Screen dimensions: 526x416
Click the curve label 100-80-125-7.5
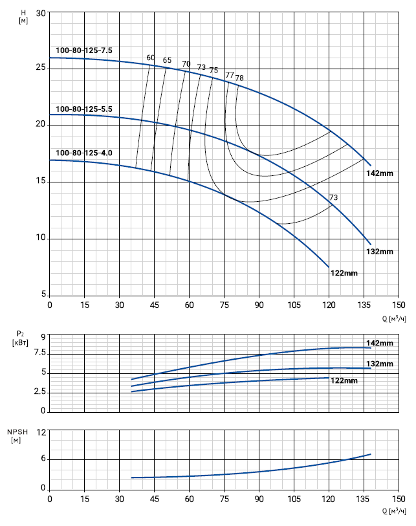84,50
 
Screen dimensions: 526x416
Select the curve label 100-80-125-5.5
84,109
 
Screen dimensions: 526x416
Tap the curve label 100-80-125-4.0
84,153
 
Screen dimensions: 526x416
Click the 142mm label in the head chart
379,173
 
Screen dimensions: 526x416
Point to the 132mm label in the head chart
380,251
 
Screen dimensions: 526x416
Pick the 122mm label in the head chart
344,273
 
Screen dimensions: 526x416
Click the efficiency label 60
151,58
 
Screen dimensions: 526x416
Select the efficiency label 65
168,61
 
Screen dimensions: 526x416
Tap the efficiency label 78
239,78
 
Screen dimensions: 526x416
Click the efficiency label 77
229,75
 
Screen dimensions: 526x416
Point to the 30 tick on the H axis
41,13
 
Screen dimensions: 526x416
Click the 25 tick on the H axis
41,68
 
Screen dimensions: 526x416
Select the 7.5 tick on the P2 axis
38,353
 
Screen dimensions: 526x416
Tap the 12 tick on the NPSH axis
41,432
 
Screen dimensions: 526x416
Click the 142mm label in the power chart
380,343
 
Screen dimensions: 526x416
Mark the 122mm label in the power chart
344,380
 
